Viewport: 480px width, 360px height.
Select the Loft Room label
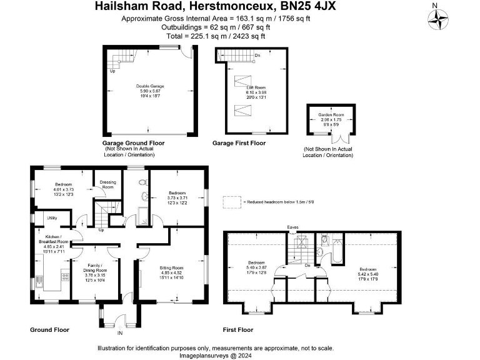254,87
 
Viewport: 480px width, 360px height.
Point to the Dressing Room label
107,185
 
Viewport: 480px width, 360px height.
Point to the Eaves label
292,227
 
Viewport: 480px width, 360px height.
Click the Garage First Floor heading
239,143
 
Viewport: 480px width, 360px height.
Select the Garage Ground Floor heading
133,143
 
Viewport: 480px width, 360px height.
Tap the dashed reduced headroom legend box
232,202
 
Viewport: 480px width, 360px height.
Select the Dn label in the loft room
257,56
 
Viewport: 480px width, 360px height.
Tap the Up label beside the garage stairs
112,71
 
